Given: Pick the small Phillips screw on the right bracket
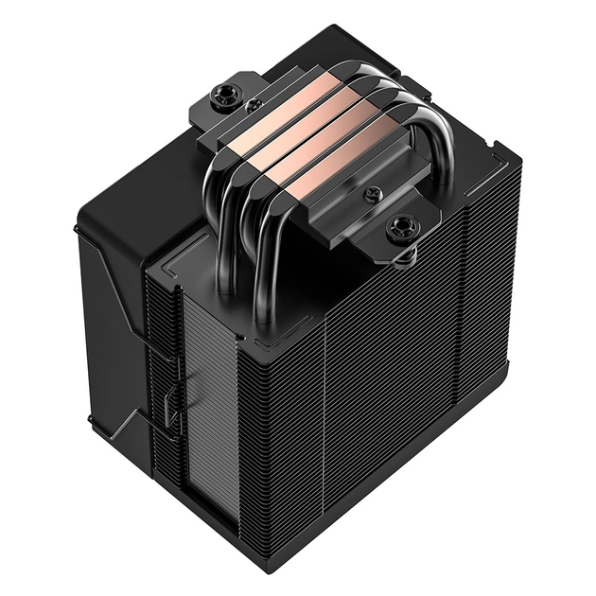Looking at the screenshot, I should click(370, 196).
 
